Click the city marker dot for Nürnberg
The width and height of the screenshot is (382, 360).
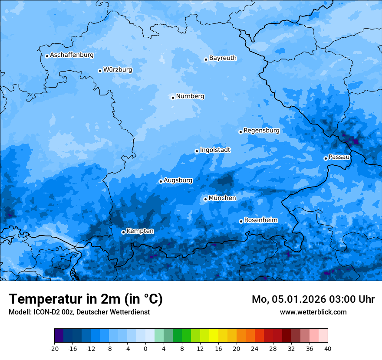point(173,98)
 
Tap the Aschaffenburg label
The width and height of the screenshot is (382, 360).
point(72,55)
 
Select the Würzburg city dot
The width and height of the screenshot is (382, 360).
point(100,71)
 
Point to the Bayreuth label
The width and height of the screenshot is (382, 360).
point(223,58)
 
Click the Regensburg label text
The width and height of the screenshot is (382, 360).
point(261,131)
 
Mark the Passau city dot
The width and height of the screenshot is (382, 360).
point(326,158)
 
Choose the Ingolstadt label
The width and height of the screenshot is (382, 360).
point(215,150)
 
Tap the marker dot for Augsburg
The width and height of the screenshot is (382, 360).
point(161,181)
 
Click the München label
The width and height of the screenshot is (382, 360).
point(222,198)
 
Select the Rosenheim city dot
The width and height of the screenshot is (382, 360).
point(241,221)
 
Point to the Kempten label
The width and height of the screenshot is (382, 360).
point(140,231)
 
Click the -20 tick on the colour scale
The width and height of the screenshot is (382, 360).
point(54,349)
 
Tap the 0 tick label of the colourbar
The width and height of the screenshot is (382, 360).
point(145,349)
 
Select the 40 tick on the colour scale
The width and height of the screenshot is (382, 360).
point(328,349)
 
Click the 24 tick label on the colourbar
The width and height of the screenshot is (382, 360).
point(255,349)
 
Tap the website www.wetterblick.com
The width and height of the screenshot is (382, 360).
point(313,312)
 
